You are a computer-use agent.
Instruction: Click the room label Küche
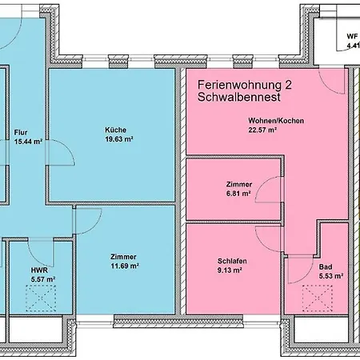pyautogui.click(x=115, y=130)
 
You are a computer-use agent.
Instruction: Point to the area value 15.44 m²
pyautogui.click(x=28, y=141)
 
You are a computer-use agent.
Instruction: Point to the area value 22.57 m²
pyautogui.click(x=262, y=130)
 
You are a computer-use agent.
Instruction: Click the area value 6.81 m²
pyautogui.click(x=239, y=193)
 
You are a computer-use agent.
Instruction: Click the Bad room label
pyautogui.click(x=326, y=267)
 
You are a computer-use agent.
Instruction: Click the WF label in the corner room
pyautogui.click(x=351, y=37)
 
